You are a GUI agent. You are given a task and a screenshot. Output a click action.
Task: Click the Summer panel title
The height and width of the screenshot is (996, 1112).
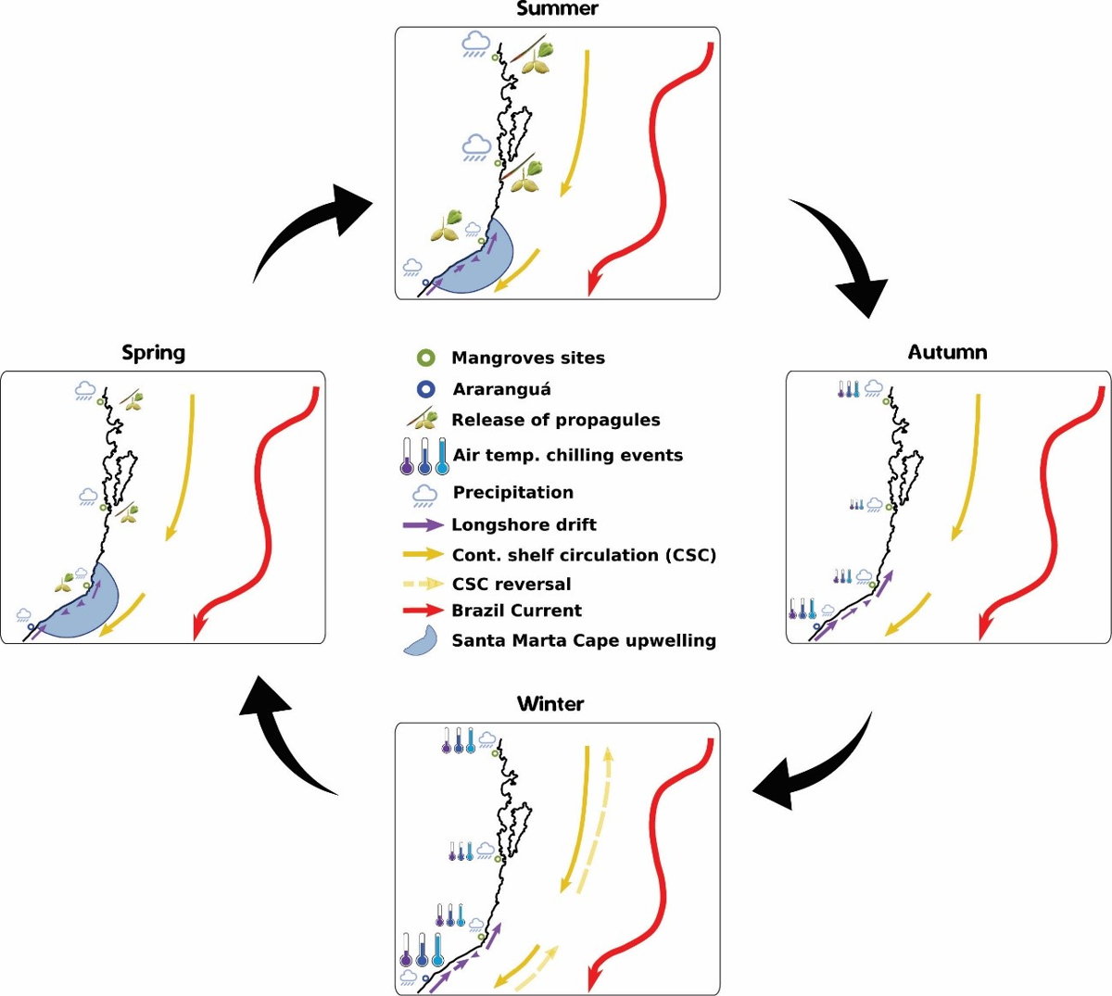(x=557, y=9)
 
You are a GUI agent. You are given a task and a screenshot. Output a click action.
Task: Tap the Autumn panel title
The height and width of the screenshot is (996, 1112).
(x=947, y=352)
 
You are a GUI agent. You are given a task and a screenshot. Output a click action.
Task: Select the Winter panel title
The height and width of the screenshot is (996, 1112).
(x=550, y=704)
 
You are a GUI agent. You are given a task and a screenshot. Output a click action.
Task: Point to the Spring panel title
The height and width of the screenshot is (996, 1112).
(x=154, y=352)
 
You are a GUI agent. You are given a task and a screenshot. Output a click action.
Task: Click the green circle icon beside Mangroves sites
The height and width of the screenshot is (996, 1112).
(x=426, y=358)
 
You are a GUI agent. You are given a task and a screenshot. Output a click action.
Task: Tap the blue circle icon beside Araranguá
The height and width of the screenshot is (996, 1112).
(x=426, y=389)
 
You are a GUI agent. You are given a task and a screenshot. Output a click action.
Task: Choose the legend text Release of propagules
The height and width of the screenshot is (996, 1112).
(x=555, y=420)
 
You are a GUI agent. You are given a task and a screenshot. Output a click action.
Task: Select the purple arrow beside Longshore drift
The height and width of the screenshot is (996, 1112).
(x=423, y=524)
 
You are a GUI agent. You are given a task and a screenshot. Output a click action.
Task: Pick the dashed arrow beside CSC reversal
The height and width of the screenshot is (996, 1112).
(x=423, y=584)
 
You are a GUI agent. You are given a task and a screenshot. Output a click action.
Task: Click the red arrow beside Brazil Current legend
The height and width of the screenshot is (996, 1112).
(x=423, y=611)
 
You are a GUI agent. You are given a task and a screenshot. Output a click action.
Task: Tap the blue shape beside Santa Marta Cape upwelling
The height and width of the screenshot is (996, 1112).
(x=423, y=640)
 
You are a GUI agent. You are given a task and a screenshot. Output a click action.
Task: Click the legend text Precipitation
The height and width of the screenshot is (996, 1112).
(x=512, y=492)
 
